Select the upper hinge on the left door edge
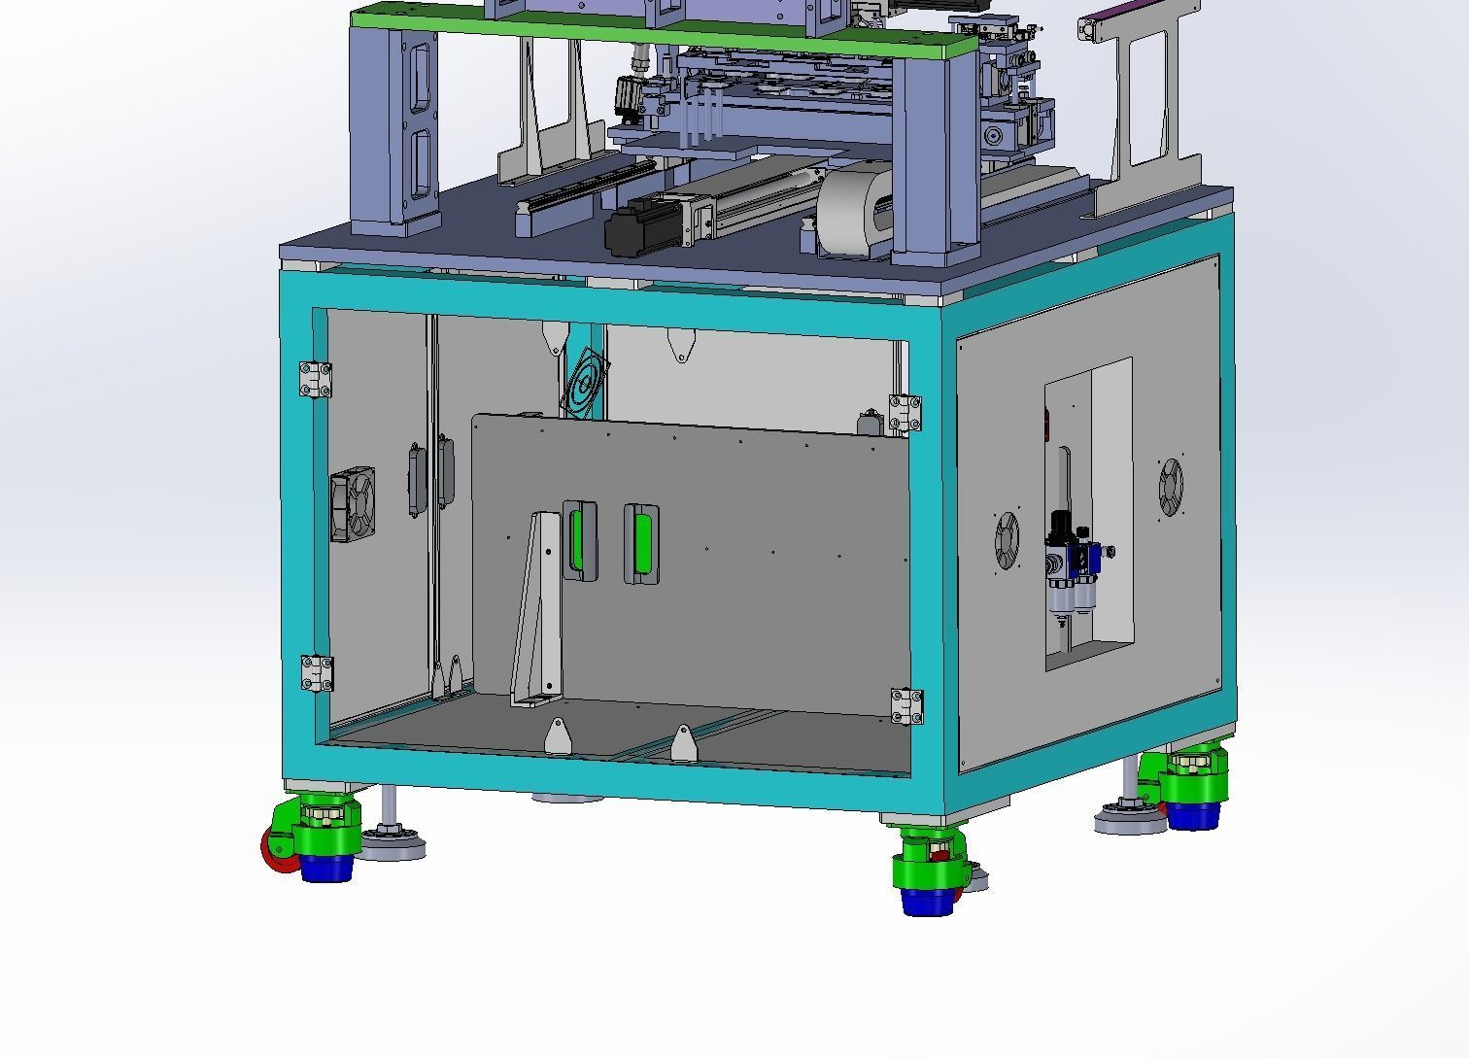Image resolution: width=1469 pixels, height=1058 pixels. point(315,379)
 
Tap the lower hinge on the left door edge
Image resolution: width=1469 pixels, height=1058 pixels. point(316,673)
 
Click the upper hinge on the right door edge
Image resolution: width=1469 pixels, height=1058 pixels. point(905,413)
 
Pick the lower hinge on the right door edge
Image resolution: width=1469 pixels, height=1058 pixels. point(906,706)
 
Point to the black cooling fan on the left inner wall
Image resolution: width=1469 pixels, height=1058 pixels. point(353,505)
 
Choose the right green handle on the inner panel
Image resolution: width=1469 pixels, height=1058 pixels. point(641,544)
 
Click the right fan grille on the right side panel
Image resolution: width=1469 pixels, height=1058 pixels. point(1171,488)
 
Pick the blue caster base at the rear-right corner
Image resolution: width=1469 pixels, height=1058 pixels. point(1192,814)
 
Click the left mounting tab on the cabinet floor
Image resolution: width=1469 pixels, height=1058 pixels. point(558,735)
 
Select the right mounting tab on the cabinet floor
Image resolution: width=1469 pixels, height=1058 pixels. point(683,743)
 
